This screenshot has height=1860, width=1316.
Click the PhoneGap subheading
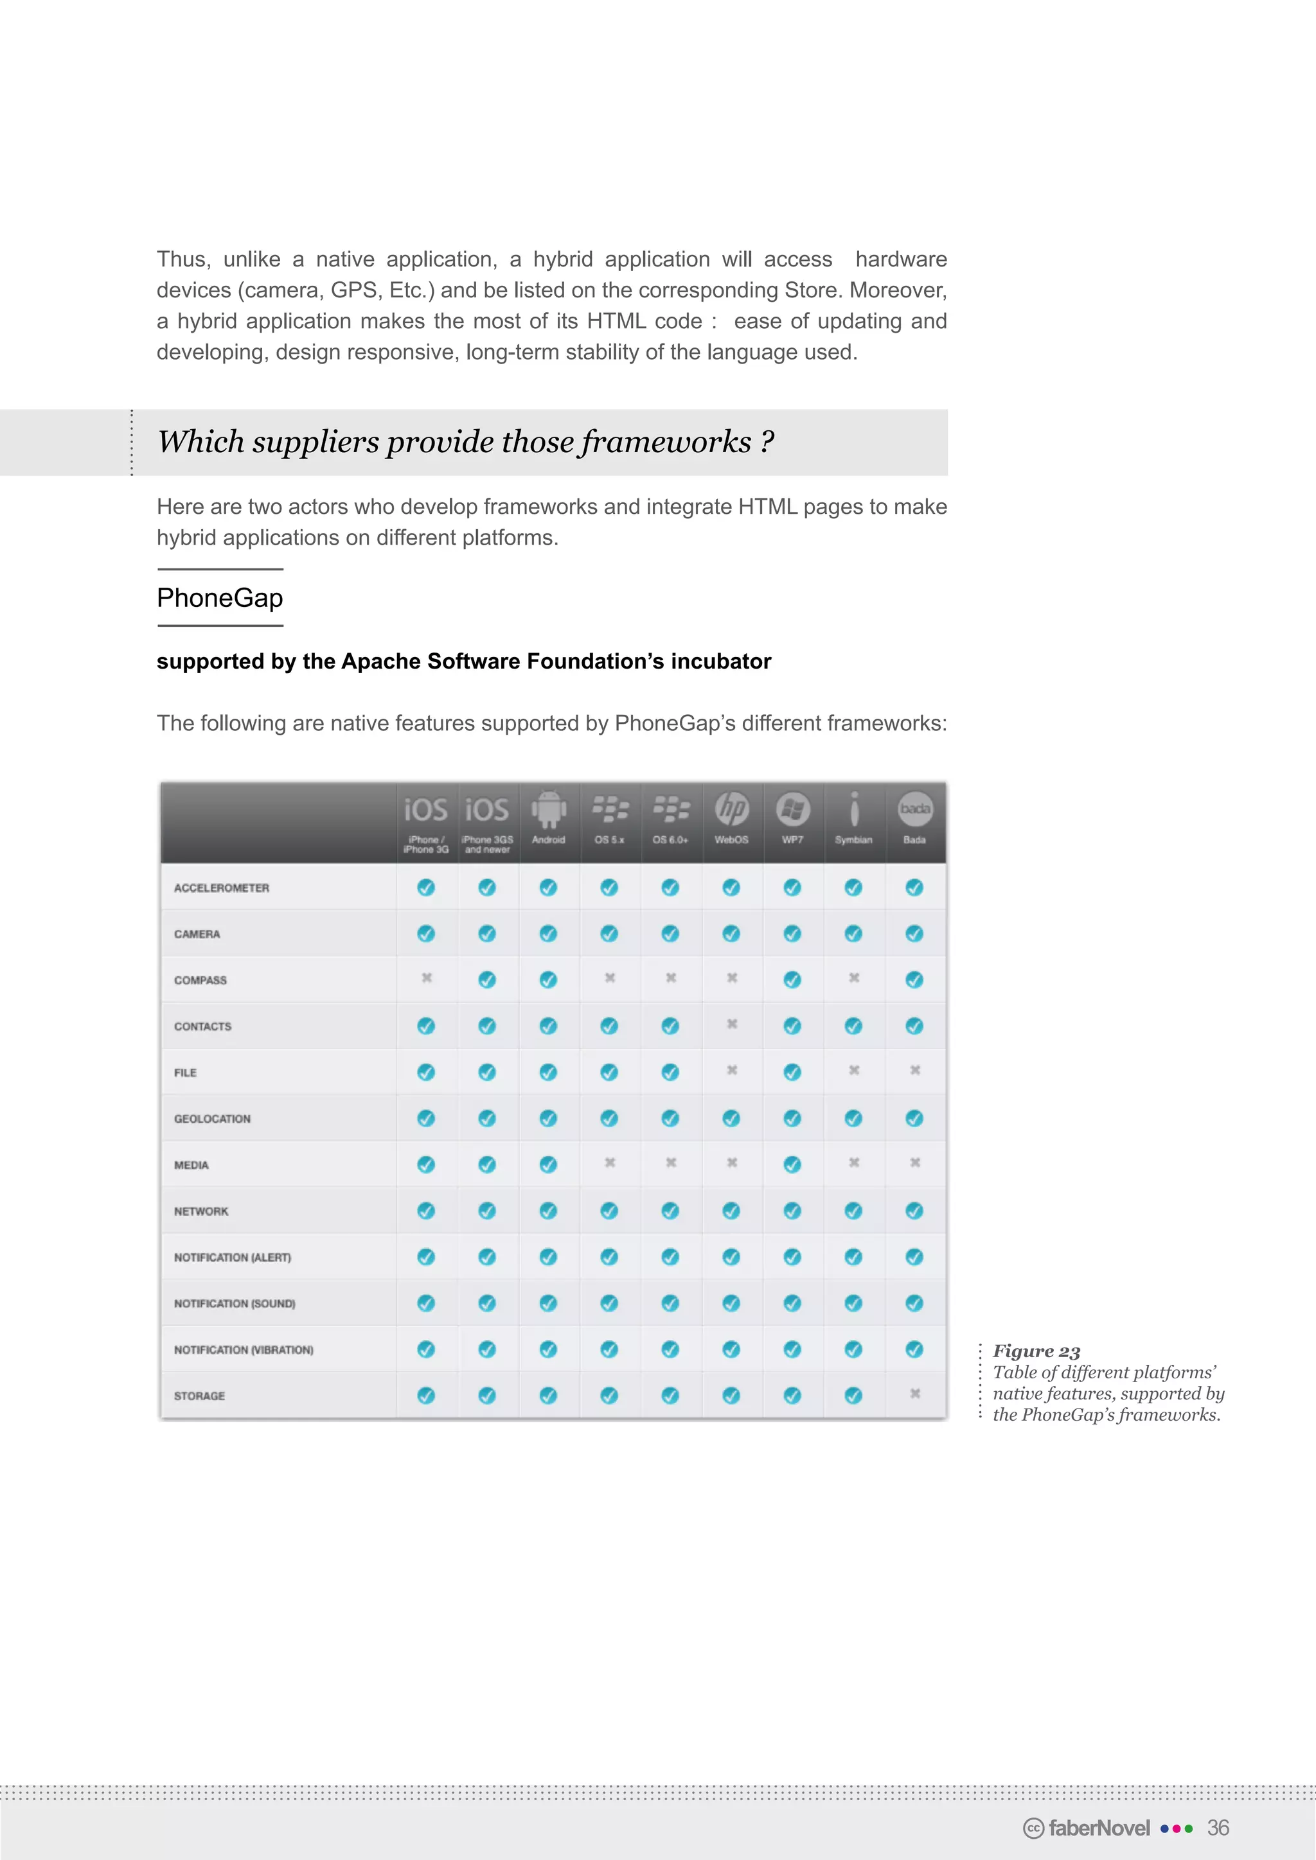coord(220,598)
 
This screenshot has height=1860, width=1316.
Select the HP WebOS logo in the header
coord(732,808)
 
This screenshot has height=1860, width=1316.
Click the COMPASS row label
coord(200,980)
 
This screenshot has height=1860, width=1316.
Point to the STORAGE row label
coord(199,1396)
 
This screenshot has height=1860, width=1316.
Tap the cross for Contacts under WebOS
coord(732,1024)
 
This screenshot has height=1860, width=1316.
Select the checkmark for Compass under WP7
coord(792,980)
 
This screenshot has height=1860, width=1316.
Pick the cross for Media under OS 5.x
coord(609,1162)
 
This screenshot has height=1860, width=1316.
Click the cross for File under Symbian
coord(853,1070)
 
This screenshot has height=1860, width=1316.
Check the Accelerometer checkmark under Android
coord(549,888)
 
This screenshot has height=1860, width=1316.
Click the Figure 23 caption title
coord(1036,1351)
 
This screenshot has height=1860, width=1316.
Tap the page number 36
coord(1218,1828)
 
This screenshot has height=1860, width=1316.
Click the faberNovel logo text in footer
coord(1098,1828)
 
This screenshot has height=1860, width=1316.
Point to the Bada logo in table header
coord(915,808)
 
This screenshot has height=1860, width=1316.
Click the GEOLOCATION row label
coord(212,1119)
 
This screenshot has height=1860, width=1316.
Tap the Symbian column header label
coord(853,840)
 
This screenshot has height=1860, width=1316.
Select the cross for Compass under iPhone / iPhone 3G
coord(426,978)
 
